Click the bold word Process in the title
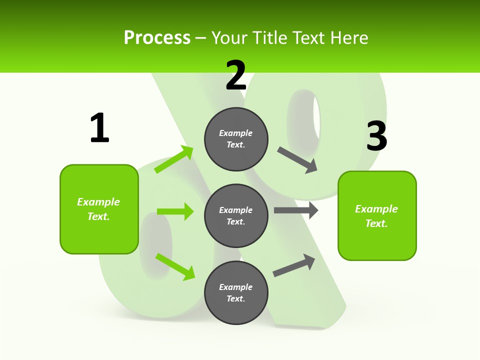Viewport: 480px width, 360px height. click(157, 37)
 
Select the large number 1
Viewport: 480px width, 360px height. click(99, 128)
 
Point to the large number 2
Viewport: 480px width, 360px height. click(236, 75)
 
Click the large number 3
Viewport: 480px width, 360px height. click(376, 136)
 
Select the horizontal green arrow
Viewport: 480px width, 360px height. click(175, 211)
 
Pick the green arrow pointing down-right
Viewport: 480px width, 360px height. click(175, 266)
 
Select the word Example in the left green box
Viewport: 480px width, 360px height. click(98, 202)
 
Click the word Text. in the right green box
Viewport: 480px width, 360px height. click(376, 223)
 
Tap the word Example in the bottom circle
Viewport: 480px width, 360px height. click(236, 287)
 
